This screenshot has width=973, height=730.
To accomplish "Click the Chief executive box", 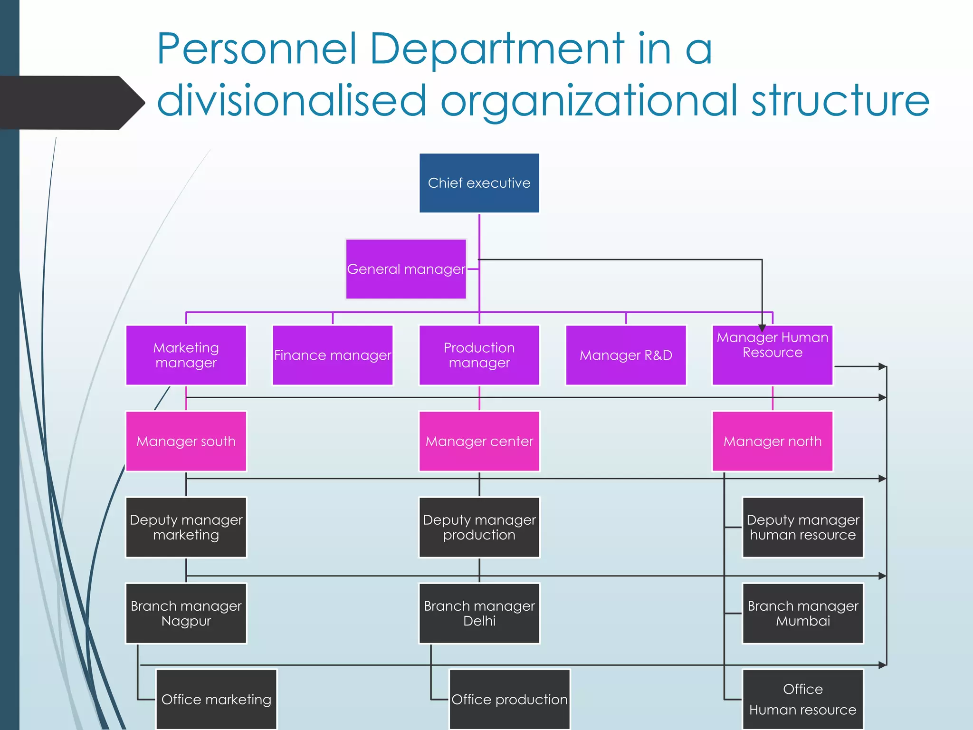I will [479, 183].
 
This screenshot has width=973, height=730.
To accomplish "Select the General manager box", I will [406, 269].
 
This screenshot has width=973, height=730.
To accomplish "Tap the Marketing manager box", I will [186, 355].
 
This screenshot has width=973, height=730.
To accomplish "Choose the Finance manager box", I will [333, 355].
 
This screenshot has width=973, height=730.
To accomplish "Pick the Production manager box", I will [479, 355].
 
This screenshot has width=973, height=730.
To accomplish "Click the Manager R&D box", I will [626, 355].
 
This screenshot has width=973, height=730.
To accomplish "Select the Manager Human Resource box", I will [772, 355].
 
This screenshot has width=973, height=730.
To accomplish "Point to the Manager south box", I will [186, 441].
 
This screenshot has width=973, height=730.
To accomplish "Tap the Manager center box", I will [479, 441].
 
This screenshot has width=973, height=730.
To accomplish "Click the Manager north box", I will [772, 441].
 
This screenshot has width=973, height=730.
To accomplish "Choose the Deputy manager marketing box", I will [186, 527].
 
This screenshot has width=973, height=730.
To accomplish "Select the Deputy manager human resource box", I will [802, 527].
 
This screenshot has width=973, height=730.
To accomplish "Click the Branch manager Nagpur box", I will [186, 613].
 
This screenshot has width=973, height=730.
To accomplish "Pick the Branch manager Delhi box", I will [479, 613].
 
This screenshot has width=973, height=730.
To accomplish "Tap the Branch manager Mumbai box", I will [802, 613].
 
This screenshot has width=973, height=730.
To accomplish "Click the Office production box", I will [509, 699].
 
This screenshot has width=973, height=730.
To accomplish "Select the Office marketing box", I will [216, 699].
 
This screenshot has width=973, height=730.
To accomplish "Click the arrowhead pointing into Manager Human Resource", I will [762, 328].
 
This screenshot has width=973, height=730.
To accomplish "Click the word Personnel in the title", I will [257, 49].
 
